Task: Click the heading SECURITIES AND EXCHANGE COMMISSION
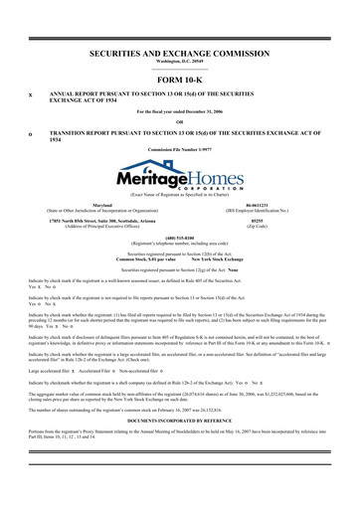tap(180, 48)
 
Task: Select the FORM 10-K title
tap(180, 79)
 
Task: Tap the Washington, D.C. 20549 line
tap(180, 60)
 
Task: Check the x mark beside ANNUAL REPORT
tap(32, 95)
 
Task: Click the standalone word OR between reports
tap(180, 121)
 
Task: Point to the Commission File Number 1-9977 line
tap(180, 148)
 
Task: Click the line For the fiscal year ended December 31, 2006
tap(180, 111)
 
